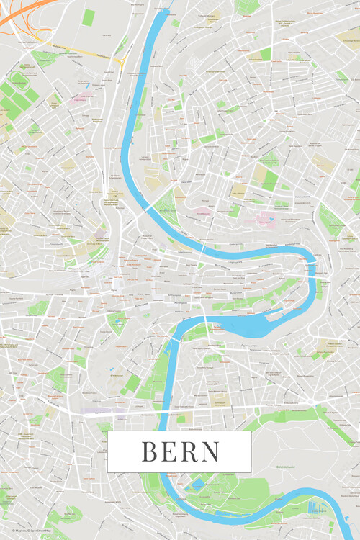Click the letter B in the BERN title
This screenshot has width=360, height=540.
click(x=150, y=451)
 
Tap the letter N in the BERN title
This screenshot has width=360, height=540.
click(x=210, y=451)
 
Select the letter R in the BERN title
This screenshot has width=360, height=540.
click(x=189, y=451)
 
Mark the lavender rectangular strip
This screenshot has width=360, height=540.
click(x=102, y=411)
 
